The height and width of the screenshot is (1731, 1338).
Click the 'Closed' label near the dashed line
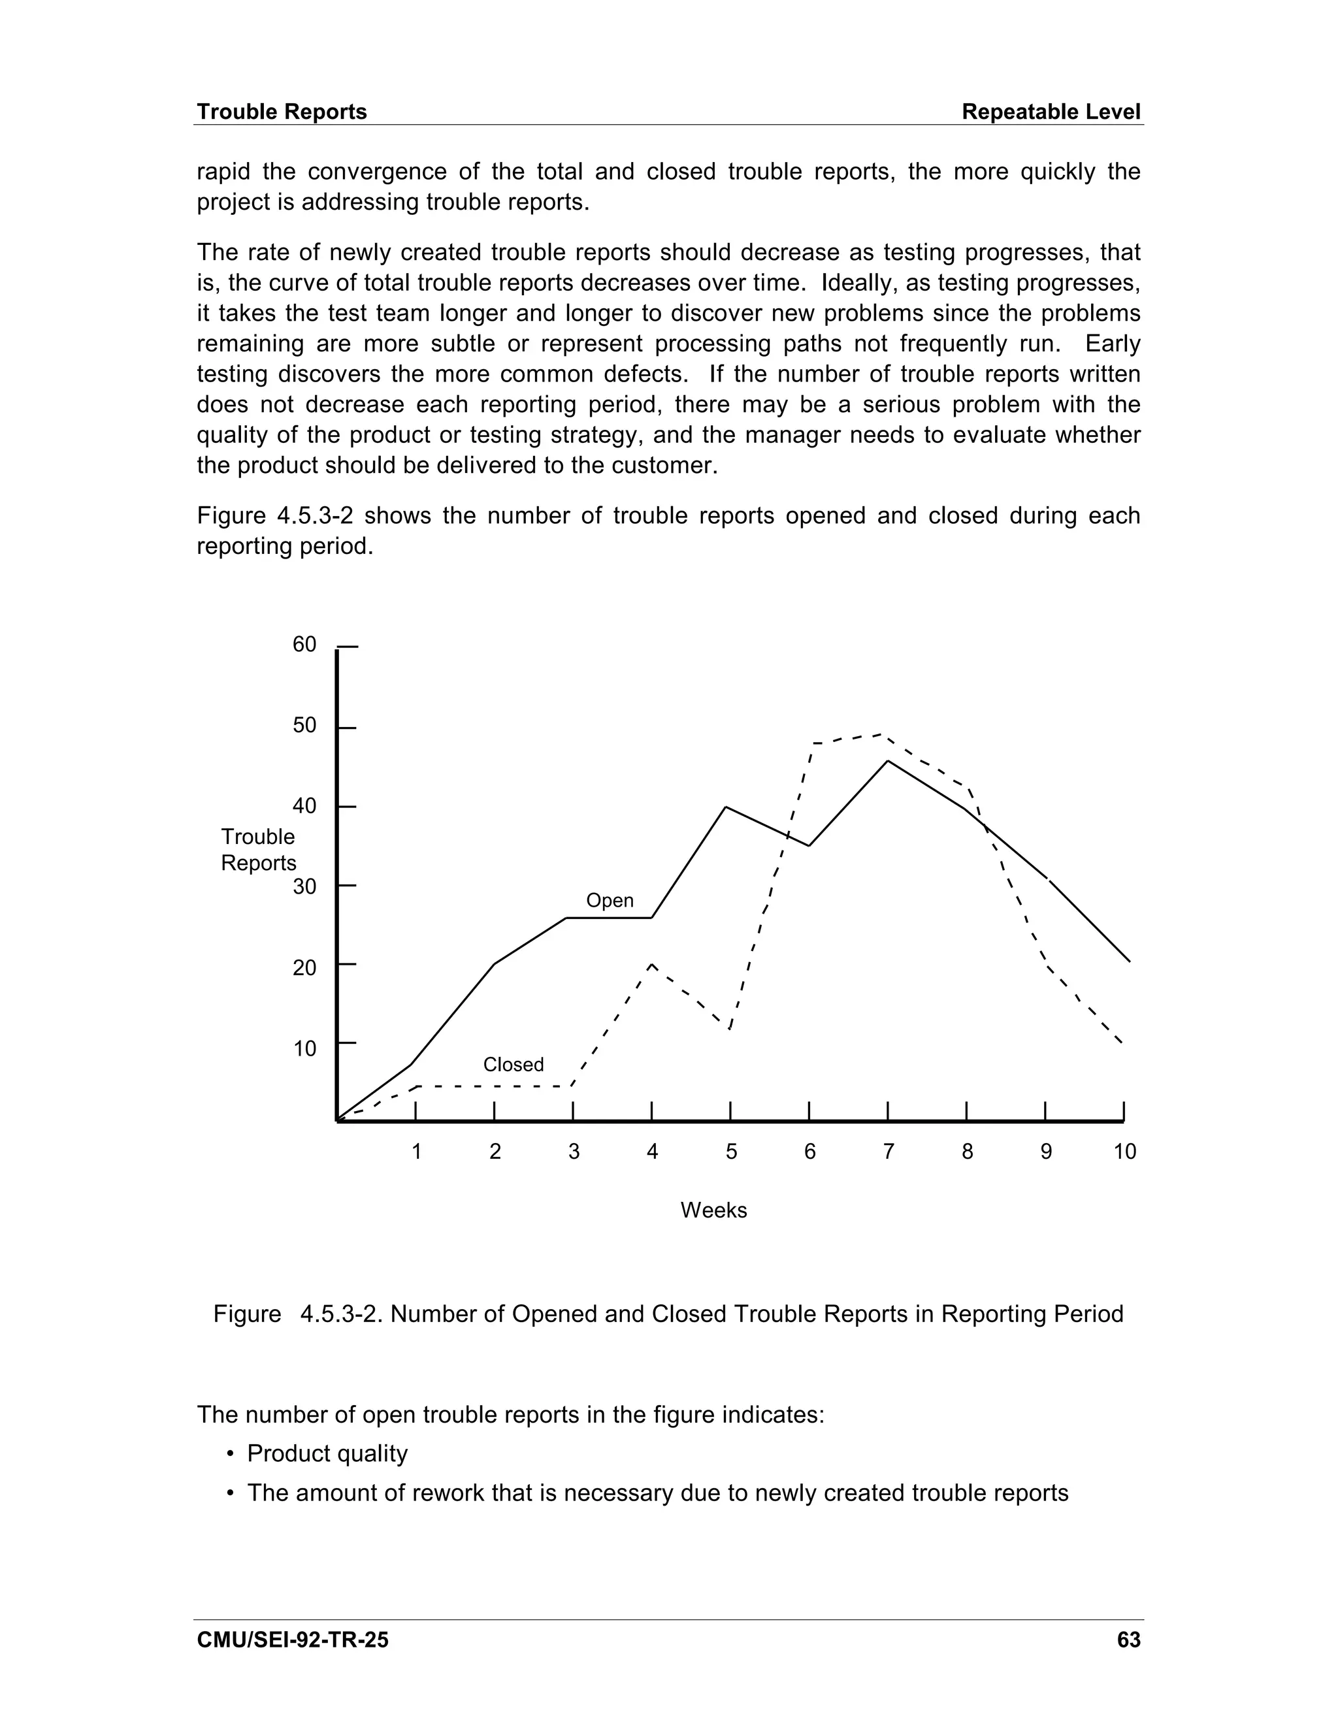pos(514,1065)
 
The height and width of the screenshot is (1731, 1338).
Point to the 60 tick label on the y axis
pos(304,644)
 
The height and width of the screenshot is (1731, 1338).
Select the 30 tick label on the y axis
pos(304,886)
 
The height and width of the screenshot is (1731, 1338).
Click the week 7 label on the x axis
pos(889,1152)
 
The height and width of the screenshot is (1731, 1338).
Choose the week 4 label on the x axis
pos(653,1152)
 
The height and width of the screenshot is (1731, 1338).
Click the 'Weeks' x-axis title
pos(713,1210)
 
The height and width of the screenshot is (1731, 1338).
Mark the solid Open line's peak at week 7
pos(888,761)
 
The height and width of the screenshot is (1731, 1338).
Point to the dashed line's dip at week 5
pos(729,1028)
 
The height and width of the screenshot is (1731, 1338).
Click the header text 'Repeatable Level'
pos(1051,112)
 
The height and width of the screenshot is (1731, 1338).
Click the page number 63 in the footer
pos(1128,1640)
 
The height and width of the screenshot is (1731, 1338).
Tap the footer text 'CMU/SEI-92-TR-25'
pos(293,1640)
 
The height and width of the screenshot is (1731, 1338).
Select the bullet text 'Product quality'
pos(327,1453)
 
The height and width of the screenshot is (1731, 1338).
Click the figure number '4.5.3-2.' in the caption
pos(342,1314)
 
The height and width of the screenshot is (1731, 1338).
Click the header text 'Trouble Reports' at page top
pos(282,112)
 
